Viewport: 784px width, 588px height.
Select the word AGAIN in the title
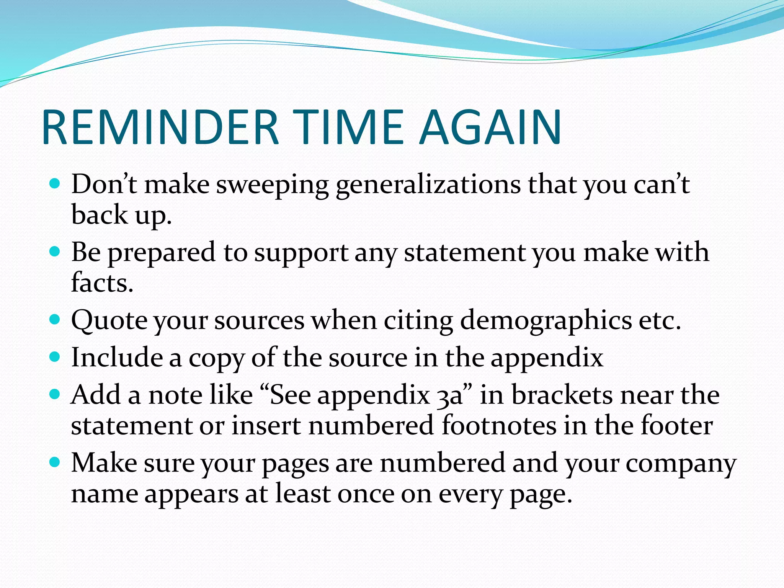pos(490,127)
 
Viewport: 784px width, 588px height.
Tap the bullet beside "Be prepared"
pos(55,252)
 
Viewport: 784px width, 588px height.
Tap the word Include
pos(117,357)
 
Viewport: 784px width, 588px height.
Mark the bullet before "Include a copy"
pos(55,357)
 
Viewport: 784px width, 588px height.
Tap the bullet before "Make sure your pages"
pos(55,462)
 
